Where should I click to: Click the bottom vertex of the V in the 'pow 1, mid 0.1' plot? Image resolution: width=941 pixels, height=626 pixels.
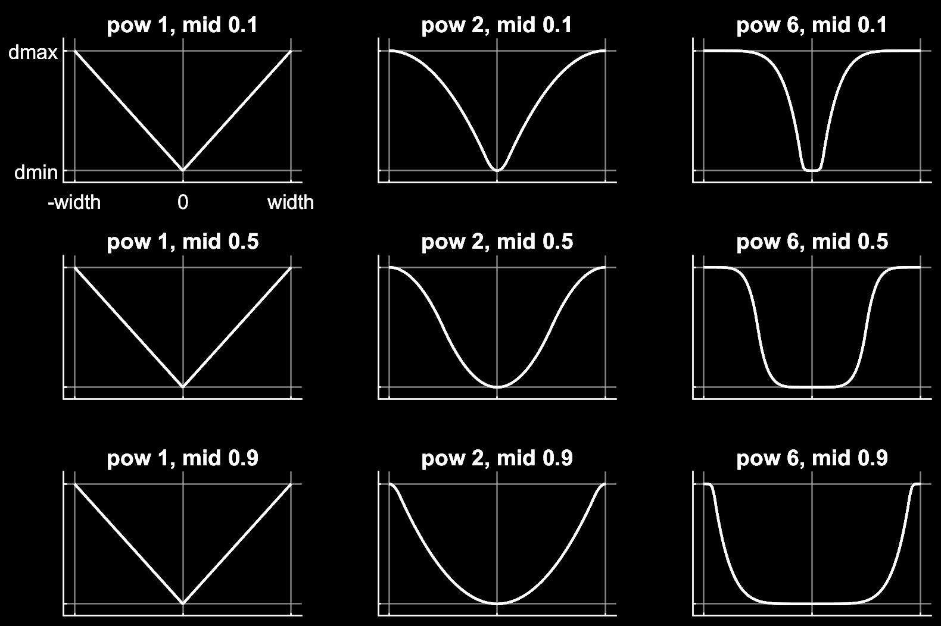click(x=183, y=170)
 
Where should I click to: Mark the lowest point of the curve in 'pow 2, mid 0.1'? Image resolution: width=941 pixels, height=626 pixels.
click(x=497, y=170)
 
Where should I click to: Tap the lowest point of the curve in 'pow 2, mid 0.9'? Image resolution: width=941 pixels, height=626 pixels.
click(x=497, y=604)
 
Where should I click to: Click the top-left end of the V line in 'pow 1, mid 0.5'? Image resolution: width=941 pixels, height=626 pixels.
click(x=75, y=267)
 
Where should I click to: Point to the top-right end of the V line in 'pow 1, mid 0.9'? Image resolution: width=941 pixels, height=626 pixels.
click(x=291, y=484)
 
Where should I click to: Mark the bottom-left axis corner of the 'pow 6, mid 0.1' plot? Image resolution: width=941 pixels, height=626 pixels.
click(x=693, y=182)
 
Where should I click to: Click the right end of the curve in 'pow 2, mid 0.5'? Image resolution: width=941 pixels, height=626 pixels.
click(x=605, y=267)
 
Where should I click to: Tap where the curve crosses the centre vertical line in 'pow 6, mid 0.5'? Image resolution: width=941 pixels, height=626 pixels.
click(x=812, y=387)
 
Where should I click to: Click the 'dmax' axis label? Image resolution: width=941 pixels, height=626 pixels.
click(x=33, y=53)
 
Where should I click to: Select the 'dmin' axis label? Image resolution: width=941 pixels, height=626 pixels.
click(x=36, y=173)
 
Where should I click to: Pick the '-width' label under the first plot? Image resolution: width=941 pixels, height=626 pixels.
click(x=74, y=202)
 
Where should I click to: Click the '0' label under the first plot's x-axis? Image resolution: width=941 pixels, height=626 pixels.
click(x=183, y=202)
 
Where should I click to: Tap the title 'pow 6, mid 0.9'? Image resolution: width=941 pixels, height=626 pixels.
click(x=812, y=458)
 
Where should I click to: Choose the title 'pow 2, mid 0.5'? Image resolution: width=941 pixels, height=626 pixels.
click(x=497, y=242)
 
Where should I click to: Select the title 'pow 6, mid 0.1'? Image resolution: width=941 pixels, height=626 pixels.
click(x=812, y=25)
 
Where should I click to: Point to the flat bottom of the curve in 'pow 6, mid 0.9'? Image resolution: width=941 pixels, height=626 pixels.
click(x=812, y=603)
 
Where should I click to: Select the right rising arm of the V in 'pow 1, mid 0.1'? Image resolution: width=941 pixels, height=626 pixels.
click(x=237, y=111)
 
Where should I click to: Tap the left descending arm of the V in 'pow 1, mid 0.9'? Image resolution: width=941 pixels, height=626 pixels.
click(x=129, y=544)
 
